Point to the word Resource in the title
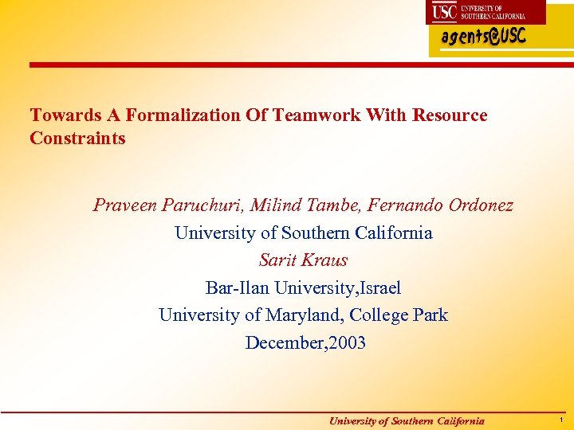[450, 115]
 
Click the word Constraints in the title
[77, 139]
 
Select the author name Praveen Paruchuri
[168, 206]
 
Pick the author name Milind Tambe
[307, 206]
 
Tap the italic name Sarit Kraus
[303, 260]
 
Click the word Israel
[379, 287]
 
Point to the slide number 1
[561, 420]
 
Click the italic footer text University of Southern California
[407, 421]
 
